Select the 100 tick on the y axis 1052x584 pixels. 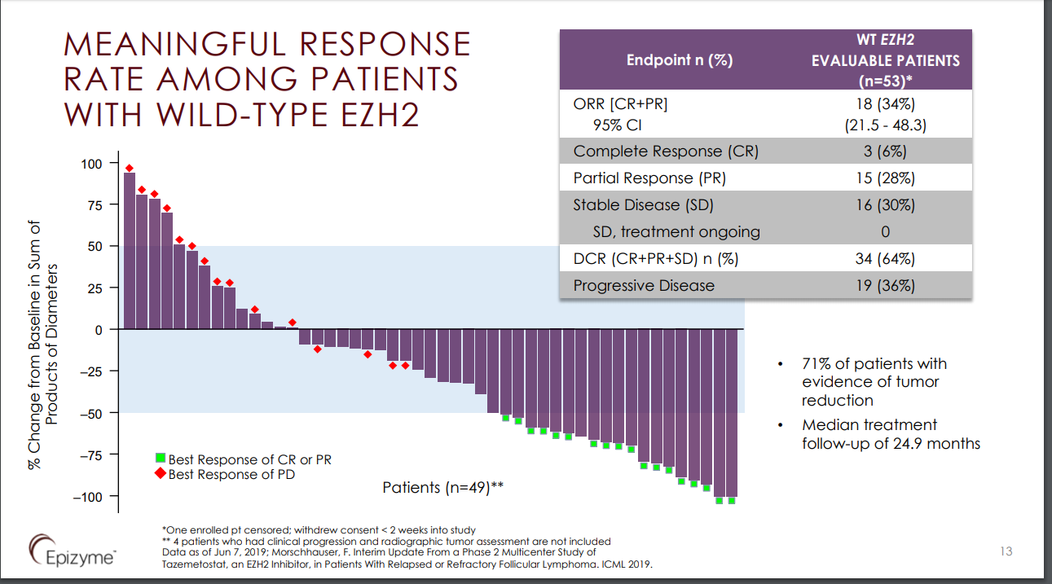(92, 164)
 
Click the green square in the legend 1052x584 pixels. (161, 460)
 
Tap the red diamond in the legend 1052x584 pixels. (161, 474)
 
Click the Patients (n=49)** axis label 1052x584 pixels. (442, 488)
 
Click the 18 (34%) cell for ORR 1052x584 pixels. (885, 104)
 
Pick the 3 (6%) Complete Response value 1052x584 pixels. (885, 151)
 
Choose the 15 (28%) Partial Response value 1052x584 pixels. (885, 178)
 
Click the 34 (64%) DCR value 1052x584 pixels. (885, 259)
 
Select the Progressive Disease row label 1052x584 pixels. (644, 286)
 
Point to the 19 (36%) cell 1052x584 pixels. (885, 286)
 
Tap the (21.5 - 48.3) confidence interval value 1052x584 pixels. (885, 125)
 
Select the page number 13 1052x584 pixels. (1006, 551)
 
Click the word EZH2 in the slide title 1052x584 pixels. (374, 115)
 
